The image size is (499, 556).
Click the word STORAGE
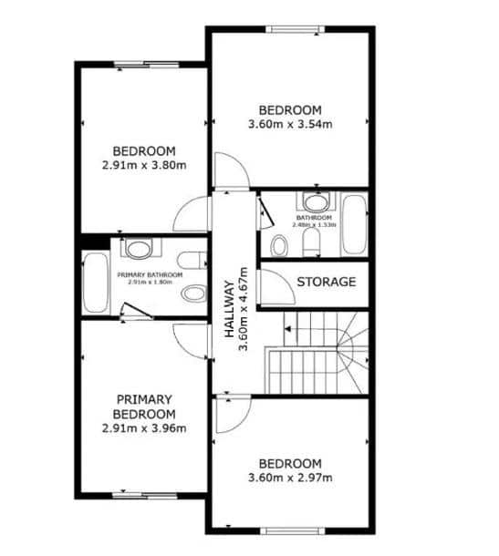[x=326, y=282]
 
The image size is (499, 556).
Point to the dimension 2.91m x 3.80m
[x=144, y=165]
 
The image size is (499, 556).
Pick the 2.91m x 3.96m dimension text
[x=144, y=427]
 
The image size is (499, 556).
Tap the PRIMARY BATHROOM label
[x=150, y=274]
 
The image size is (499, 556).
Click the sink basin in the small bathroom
[x=315, y=202]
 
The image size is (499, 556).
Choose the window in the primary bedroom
[x=140, y=496]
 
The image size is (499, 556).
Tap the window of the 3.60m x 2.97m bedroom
[x=293, y=530]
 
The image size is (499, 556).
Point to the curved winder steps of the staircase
[x=350, y=348]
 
